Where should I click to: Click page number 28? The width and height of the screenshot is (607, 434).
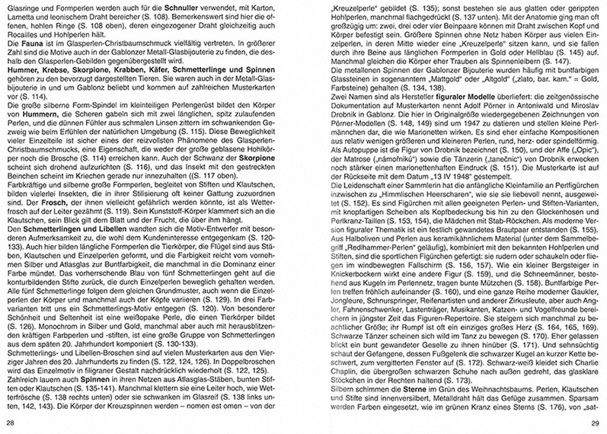(x=11, y=423)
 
